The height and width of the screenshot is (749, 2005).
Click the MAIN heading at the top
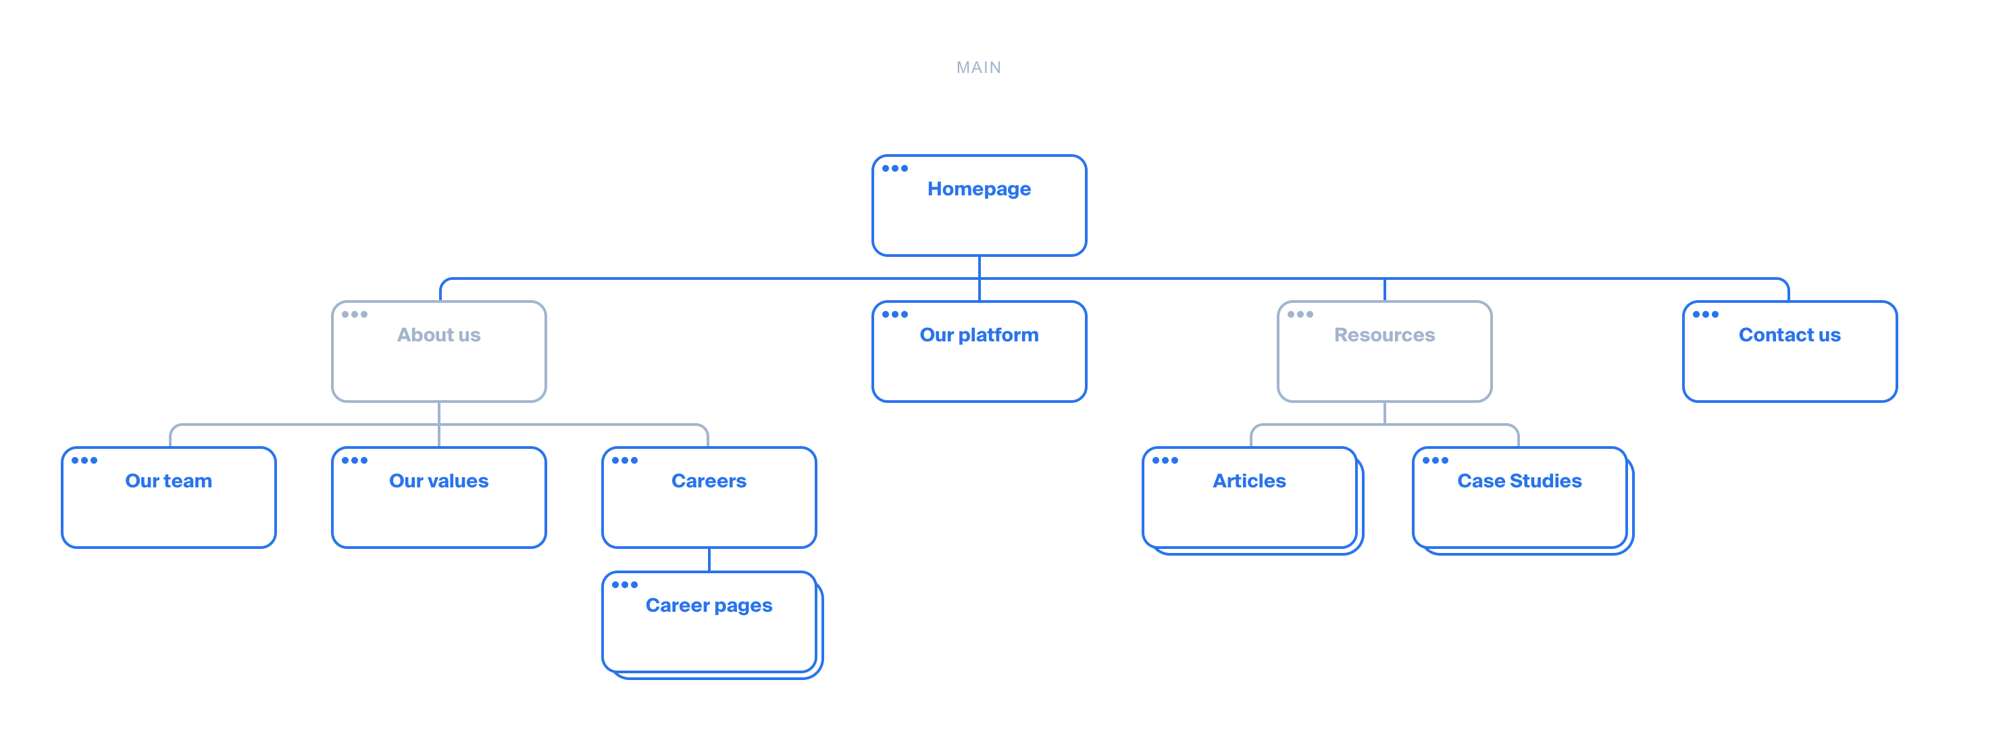[x=978, y=68]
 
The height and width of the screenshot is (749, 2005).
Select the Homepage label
[x=978, y=189]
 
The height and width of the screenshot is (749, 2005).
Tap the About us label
[x=438, y=335]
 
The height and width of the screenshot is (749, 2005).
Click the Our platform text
[x=978, y=335]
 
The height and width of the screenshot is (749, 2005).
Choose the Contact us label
[x=1789, y=335]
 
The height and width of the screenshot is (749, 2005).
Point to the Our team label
[x=168, y=481]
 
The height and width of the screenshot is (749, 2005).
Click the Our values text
[x=438, y=481]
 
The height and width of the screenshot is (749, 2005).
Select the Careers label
[x=708, y=481]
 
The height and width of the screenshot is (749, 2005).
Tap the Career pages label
[x=708, y=606]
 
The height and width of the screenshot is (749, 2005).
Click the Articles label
[x=1248, y=481]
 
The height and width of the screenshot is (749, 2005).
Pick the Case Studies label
[x=1519, y=481]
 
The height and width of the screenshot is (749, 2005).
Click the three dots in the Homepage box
[x=894, y=168]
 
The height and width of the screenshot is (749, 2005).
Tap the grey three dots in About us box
[x=354, y=314]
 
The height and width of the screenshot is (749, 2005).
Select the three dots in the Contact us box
[x=1704, y=314]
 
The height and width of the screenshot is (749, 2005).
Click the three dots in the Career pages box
[x=624, y=585]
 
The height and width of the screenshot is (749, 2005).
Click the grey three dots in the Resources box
[x=1299, y=314]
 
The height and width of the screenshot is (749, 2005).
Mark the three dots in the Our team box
[x=84, y=460]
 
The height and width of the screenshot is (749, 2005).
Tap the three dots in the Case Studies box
[x=1434, y=460]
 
